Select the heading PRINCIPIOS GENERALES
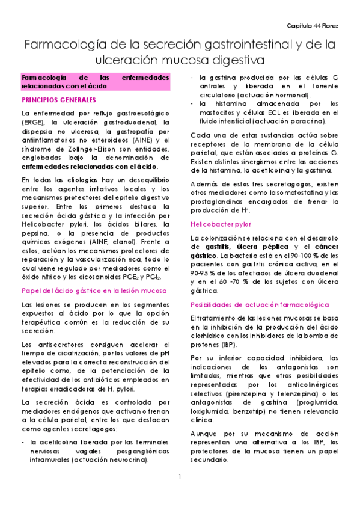[58, 99]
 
